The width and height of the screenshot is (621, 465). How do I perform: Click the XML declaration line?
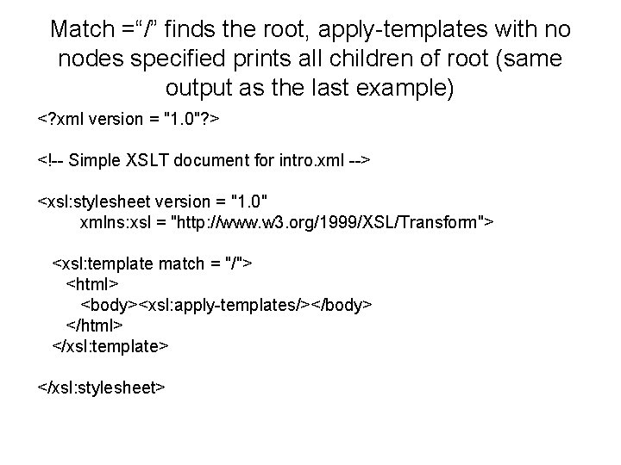pos(129,117)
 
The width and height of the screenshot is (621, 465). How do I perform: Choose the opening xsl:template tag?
pos(152,263)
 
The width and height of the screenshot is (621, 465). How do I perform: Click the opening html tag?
pos(92,283)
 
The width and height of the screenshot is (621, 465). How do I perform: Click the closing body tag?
pos(342,305)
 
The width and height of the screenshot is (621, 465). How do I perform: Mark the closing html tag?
pos(95,325)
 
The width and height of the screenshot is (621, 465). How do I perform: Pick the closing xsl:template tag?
pos(111,346)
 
